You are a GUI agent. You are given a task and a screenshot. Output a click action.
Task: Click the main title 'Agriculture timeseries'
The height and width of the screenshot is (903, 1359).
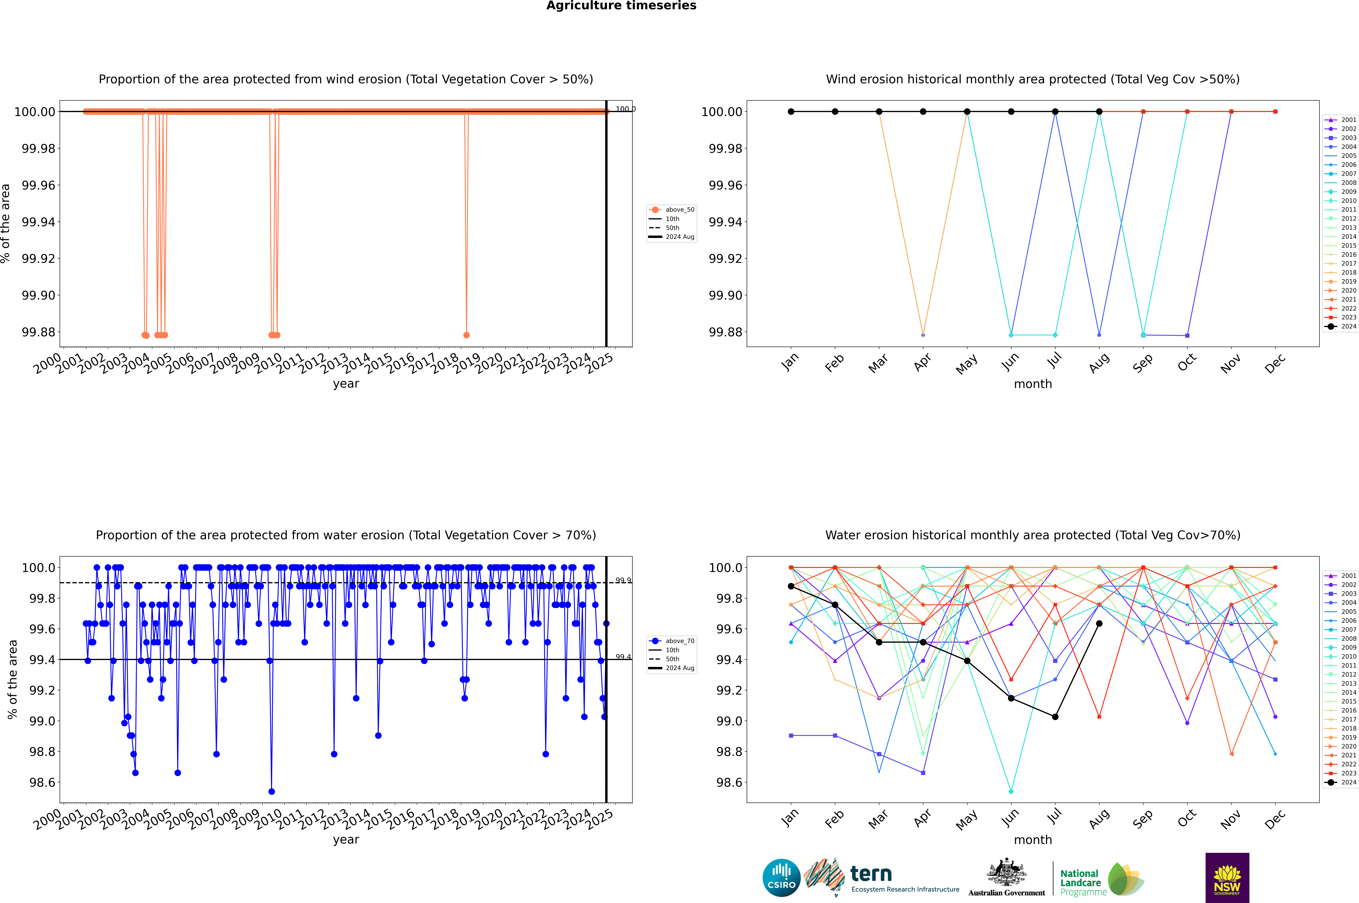click(x=621, y=6)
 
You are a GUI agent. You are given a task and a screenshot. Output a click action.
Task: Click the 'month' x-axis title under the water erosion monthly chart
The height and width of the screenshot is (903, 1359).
click(x=1032, y=840)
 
